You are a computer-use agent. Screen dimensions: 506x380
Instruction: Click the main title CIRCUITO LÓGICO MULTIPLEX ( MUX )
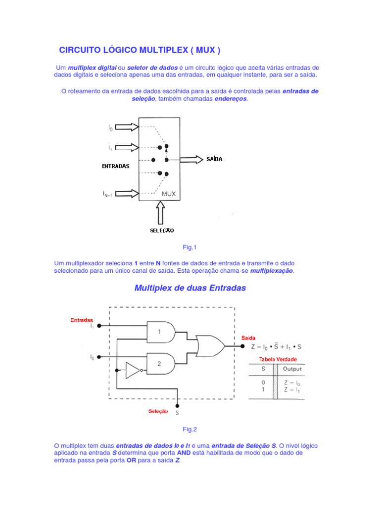(140, 50)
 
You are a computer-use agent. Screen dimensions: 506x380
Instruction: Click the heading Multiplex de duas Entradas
(190, 288)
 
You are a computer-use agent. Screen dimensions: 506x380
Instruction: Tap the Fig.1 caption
(190, 247)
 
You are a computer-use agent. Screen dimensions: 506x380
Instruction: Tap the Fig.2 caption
(190, 429)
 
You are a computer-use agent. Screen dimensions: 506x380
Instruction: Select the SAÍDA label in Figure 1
(214, 159)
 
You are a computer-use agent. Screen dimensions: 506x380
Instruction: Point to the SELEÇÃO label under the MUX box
(162, 230)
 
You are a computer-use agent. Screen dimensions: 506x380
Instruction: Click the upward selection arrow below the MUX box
(160, 213)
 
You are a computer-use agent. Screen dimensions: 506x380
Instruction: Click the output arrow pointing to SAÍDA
(191, 159)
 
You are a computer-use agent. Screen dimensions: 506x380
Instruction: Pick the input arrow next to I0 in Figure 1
(127, 127)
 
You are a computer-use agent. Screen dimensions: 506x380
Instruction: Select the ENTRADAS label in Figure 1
(115, 166)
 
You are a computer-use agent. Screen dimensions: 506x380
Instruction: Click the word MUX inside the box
(169, 194)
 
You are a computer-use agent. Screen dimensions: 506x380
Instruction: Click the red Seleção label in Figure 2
(158, 411)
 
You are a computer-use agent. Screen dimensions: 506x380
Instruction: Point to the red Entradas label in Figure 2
(82, 320)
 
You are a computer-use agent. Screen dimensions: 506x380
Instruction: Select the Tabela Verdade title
(278, 359)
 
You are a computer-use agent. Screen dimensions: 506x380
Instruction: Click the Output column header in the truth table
(292, 369)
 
